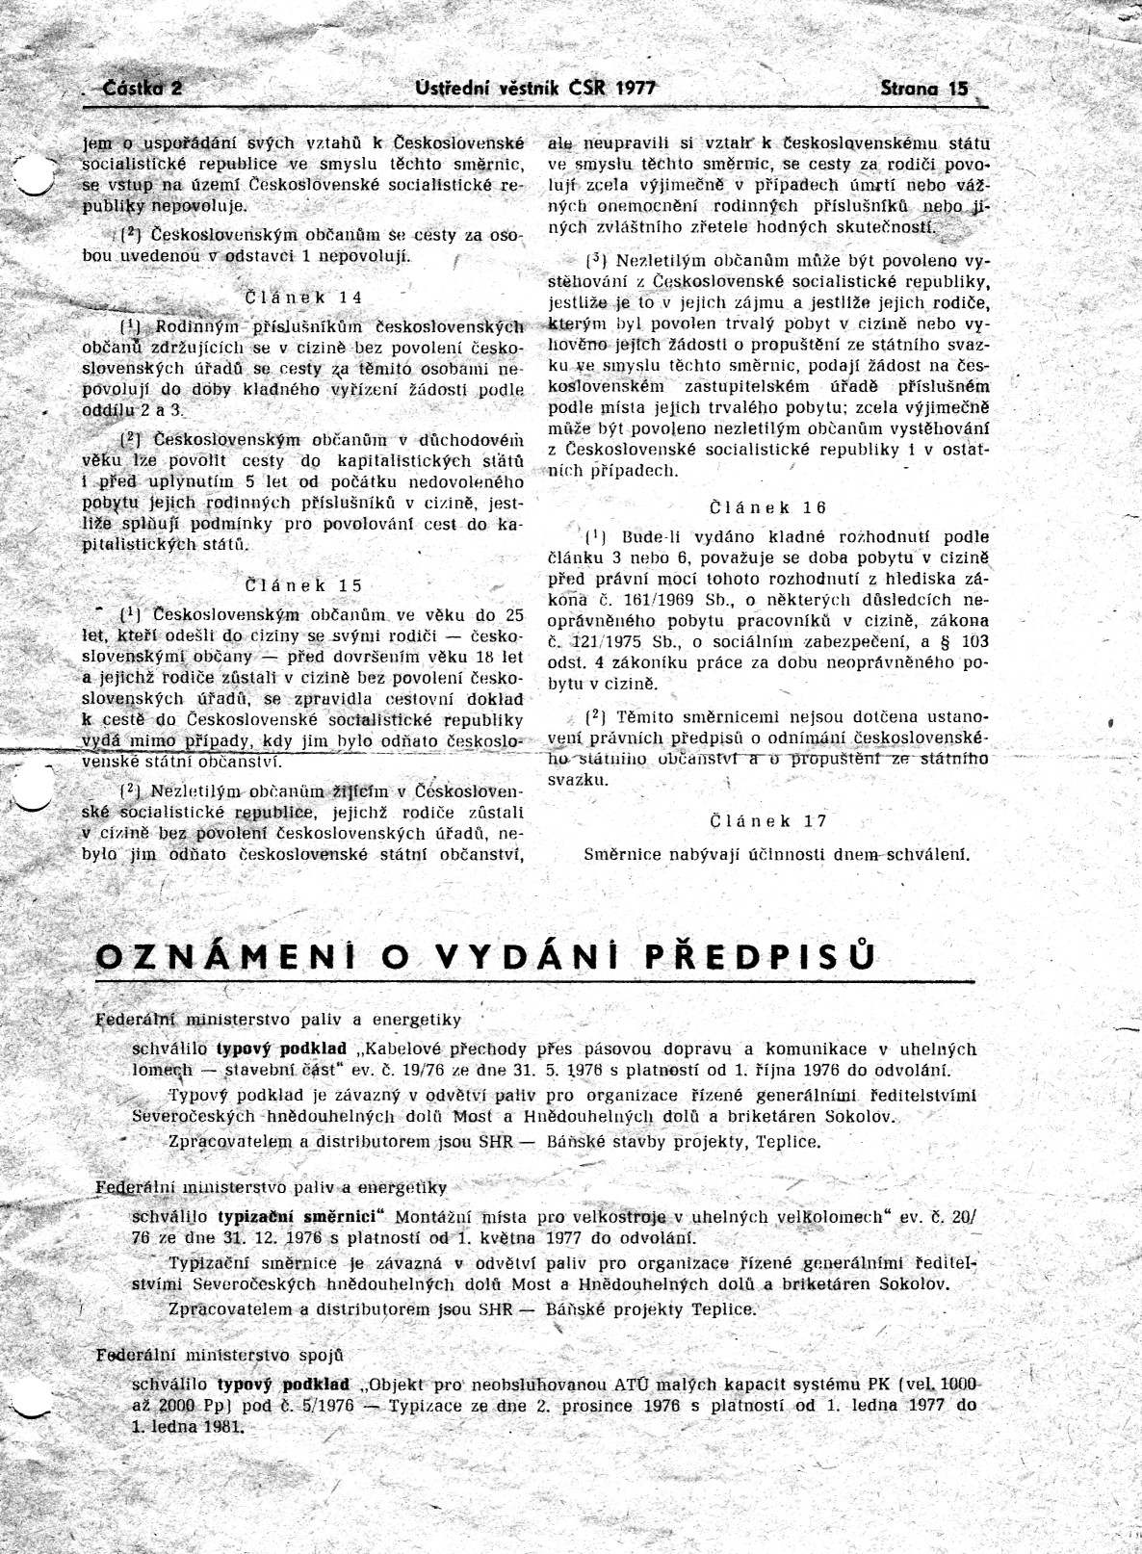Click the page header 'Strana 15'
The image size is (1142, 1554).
pos(923,88)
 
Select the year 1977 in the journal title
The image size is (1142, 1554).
pos(634,88)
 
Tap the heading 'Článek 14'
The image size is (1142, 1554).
pos(303,297)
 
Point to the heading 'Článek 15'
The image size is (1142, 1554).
pos(303,584)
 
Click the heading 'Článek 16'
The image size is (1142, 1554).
pos(767,507)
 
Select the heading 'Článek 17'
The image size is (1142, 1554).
pos(767,820)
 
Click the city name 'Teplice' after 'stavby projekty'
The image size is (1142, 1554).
pos(789,1142)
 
